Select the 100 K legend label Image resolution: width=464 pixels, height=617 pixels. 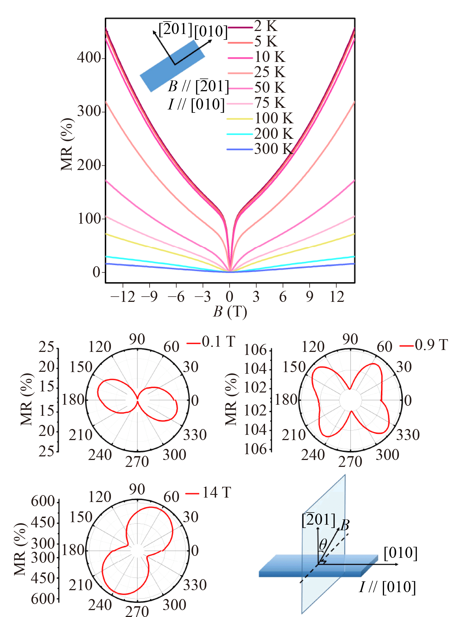[274, 118]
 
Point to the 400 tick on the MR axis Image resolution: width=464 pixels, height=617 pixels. [89, 58]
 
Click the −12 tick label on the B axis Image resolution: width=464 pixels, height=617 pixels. [123, 297]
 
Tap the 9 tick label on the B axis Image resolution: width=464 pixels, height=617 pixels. [309, 297]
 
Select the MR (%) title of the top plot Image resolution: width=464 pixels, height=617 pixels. [67, 144]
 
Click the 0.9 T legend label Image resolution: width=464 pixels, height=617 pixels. [431, 345]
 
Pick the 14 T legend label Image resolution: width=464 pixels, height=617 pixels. [217, 493]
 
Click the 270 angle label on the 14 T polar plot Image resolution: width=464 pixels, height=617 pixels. [137, 611]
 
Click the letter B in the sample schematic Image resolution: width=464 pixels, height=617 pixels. [345, 526]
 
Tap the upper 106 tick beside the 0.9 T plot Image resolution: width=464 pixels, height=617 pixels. [255, 350]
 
